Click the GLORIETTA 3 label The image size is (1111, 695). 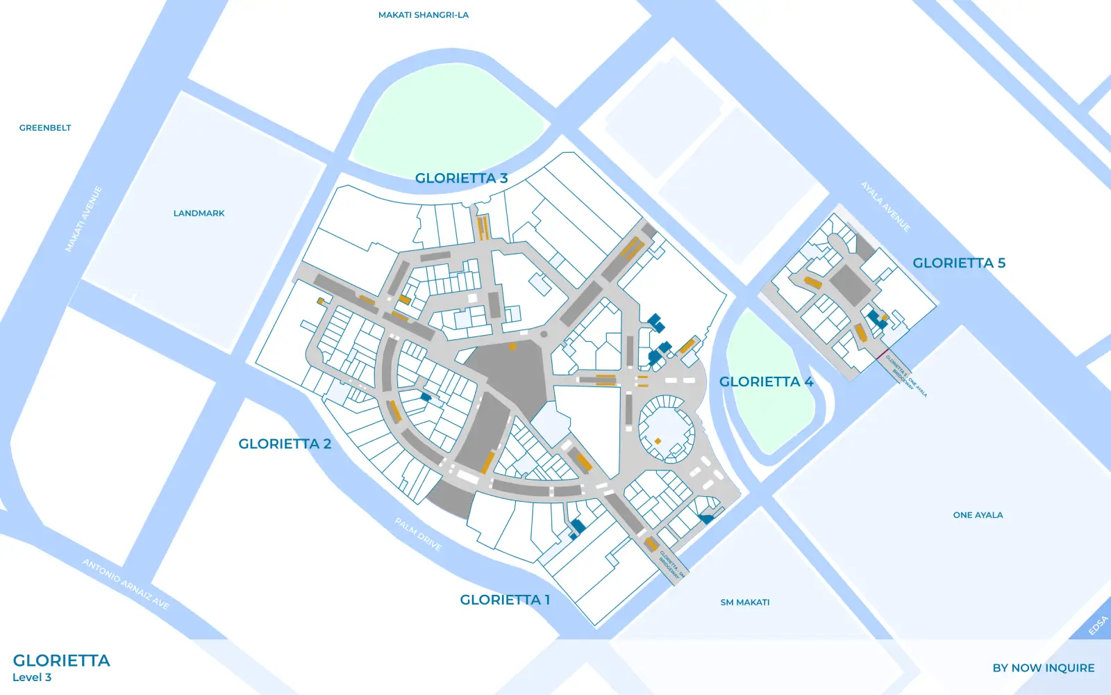tap(461, 178)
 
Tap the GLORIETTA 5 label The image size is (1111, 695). tap(958, 263)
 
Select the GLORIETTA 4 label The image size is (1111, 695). tap(766, 382)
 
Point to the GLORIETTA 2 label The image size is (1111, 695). tap(285, 443)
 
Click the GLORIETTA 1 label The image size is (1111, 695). tap(505, 600)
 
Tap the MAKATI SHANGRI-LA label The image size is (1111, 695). tap(423, 15)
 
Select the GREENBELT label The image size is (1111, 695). tap(45, 128)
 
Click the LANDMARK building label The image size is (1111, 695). tap(199, 213)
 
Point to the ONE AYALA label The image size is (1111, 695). tap(978, 515)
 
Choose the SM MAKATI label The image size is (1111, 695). tap(744, 603)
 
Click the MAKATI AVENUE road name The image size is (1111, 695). tap(84, 219)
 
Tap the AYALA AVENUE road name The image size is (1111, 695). tap(885, 206)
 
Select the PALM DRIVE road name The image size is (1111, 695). tap(418, 534)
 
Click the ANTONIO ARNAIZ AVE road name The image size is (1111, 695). tap(126, 584)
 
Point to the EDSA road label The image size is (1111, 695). tap(1098, 625)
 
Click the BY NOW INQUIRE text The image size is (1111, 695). tap(1043, 668)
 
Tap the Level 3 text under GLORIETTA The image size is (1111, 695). tap(32, 678)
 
